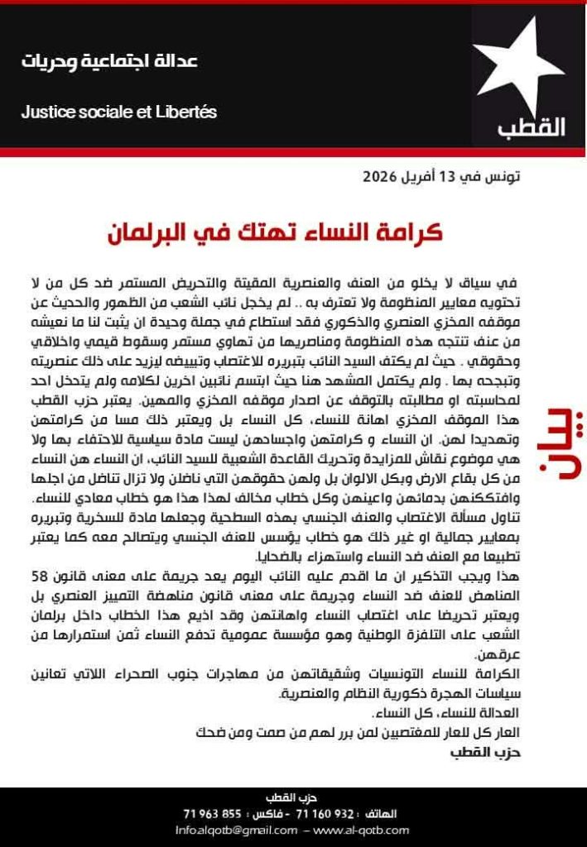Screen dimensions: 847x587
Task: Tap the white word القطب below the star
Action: tap(531, 128)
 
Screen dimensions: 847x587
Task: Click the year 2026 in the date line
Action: tap(380, 177)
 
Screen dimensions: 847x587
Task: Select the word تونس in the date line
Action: tap(504, 177)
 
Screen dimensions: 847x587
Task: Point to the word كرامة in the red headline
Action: tap(410, 232)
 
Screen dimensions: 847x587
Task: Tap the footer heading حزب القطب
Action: tap(293, 798)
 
